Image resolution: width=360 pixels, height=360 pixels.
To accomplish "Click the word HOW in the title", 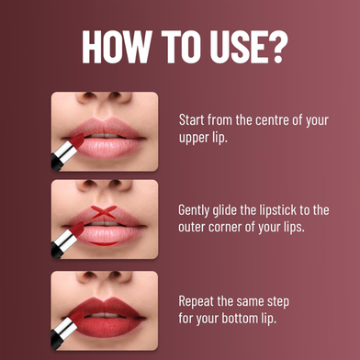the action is coord(117,47).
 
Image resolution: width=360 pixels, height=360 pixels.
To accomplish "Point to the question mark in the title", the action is coord(278,47).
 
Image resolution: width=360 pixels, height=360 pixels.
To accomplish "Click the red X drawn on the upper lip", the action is coord(104,212).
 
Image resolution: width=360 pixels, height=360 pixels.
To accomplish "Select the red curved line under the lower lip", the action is coord(104,243).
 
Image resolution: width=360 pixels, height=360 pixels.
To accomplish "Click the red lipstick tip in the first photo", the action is coord(77,141).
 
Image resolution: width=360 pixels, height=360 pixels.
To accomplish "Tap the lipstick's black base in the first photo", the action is coord(57,163).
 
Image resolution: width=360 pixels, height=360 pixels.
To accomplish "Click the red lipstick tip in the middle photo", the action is coord(77,230).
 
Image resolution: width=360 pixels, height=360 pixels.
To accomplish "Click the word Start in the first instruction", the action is coord(192,119).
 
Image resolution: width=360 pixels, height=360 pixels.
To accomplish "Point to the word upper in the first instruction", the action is coord(193,138).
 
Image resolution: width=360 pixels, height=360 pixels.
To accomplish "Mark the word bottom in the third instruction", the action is coord(240,319).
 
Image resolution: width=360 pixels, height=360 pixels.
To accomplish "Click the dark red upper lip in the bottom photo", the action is coord(104,306).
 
